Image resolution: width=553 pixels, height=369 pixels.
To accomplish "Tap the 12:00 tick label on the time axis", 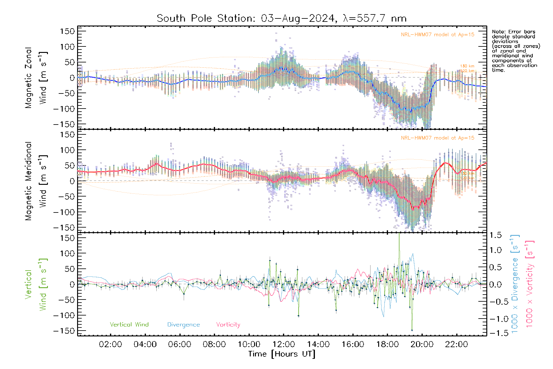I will [284, 344].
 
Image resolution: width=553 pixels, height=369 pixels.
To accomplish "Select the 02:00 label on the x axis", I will [110, 344].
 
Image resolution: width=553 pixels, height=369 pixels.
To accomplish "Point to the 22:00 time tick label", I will [457, 344].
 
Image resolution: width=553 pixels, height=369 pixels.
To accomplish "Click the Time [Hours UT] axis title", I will [282, 354].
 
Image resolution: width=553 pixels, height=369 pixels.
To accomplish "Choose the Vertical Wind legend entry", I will [129, 325].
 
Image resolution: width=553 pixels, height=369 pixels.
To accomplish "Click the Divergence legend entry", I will [183, 325].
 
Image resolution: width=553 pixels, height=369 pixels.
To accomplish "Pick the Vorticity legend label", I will [228, 325].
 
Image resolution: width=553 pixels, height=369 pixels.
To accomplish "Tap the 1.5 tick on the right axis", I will [496, 235].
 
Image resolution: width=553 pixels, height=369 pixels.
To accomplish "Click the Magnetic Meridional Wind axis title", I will [36, 181].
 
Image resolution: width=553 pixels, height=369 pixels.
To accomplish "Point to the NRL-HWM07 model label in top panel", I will [437, 35].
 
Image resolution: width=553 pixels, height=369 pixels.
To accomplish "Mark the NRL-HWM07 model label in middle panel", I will [437, 138].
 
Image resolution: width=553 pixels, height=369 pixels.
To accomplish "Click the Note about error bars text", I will [516, 51].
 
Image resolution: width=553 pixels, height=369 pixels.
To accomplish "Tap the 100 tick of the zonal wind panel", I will [67, 47].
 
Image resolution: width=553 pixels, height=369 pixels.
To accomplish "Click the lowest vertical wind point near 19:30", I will [412, 331].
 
